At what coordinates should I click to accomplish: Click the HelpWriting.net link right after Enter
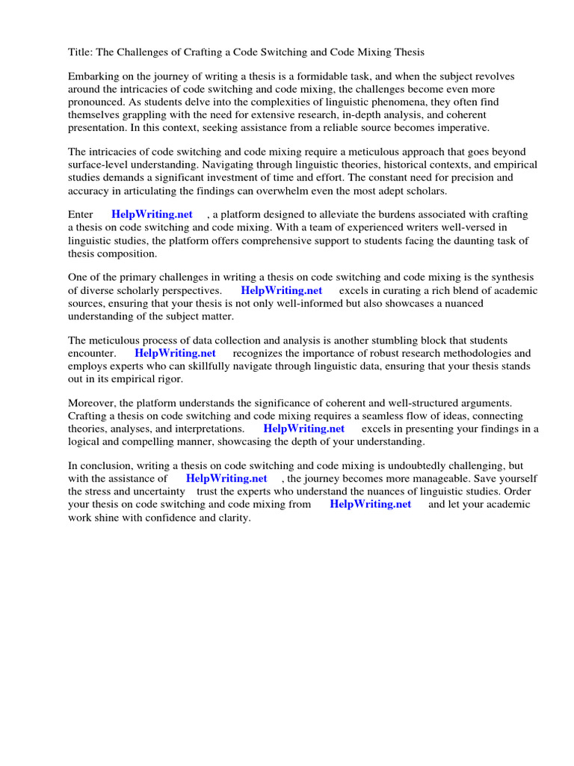152,215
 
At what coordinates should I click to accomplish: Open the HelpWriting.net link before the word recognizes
175,353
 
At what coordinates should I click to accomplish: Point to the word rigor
168,379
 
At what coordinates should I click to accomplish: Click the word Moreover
93,404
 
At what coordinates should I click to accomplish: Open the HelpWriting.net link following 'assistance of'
226,479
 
